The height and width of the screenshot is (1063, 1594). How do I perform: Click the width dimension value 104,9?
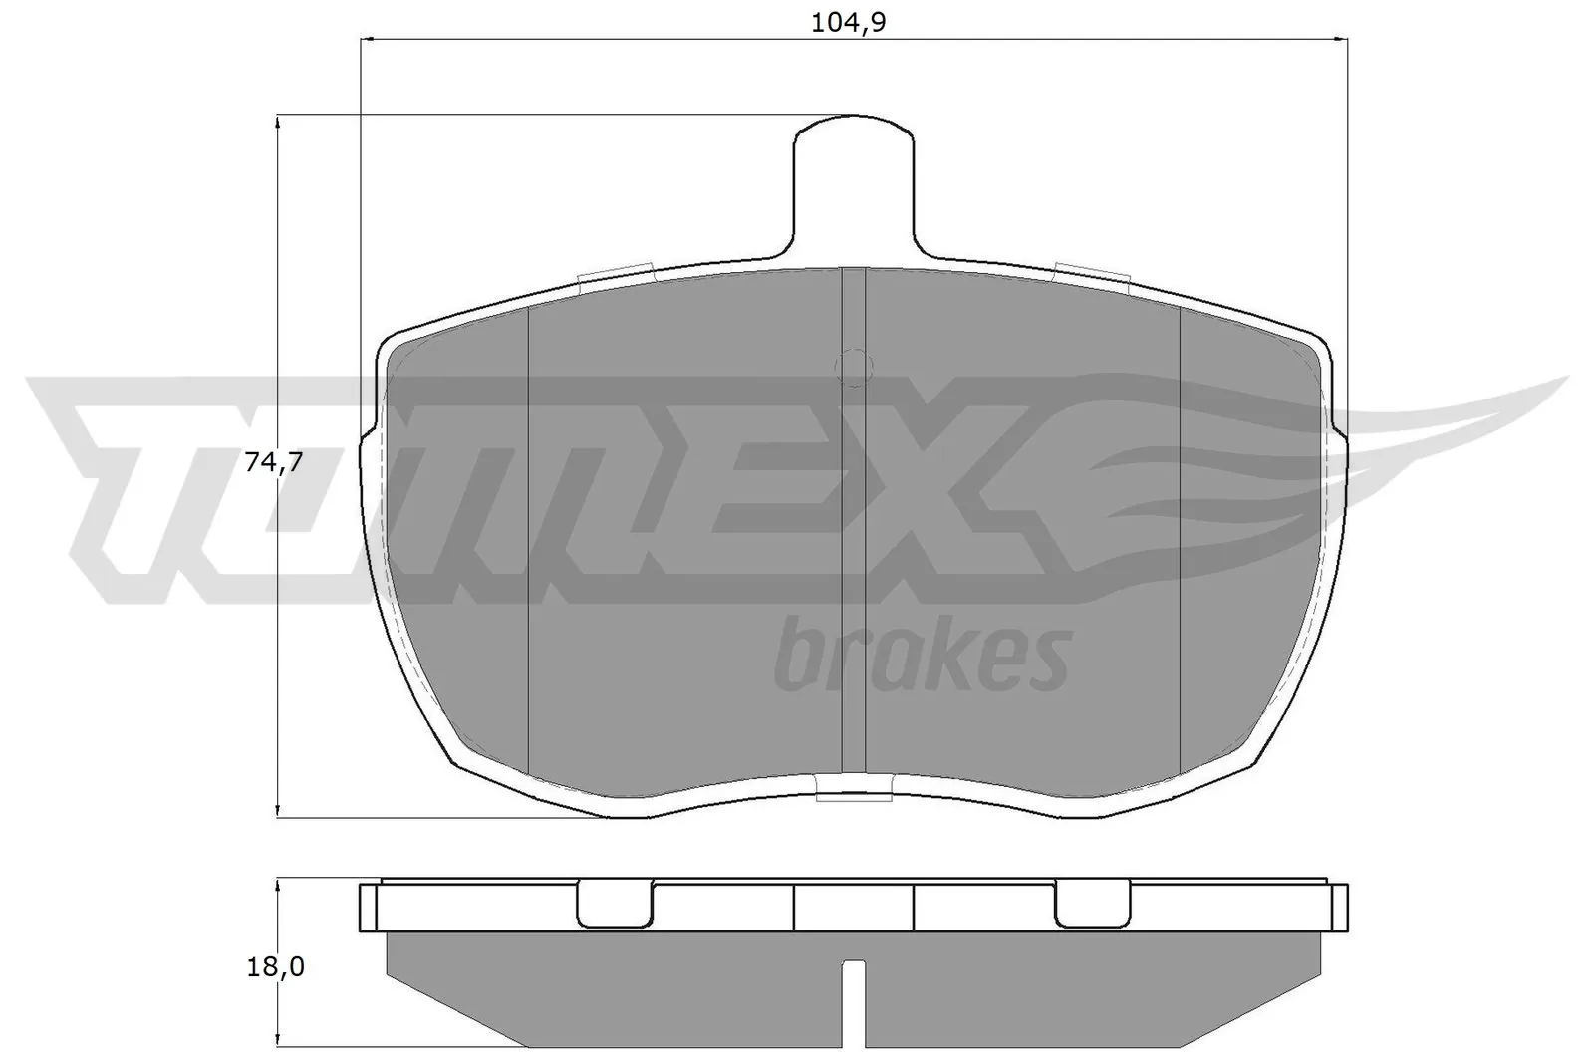point(849,22)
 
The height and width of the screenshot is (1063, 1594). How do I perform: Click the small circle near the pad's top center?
point(854,367)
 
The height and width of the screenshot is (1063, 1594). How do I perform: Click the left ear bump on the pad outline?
point(367,438)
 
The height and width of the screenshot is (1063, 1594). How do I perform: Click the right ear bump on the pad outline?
point(1339,438)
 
